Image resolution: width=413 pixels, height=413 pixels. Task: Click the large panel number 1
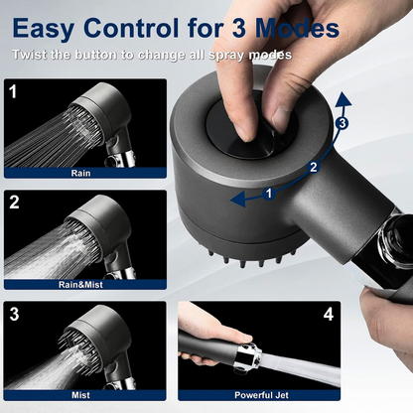[13, 91]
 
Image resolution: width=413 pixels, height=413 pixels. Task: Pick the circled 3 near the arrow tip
[341, 124]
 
